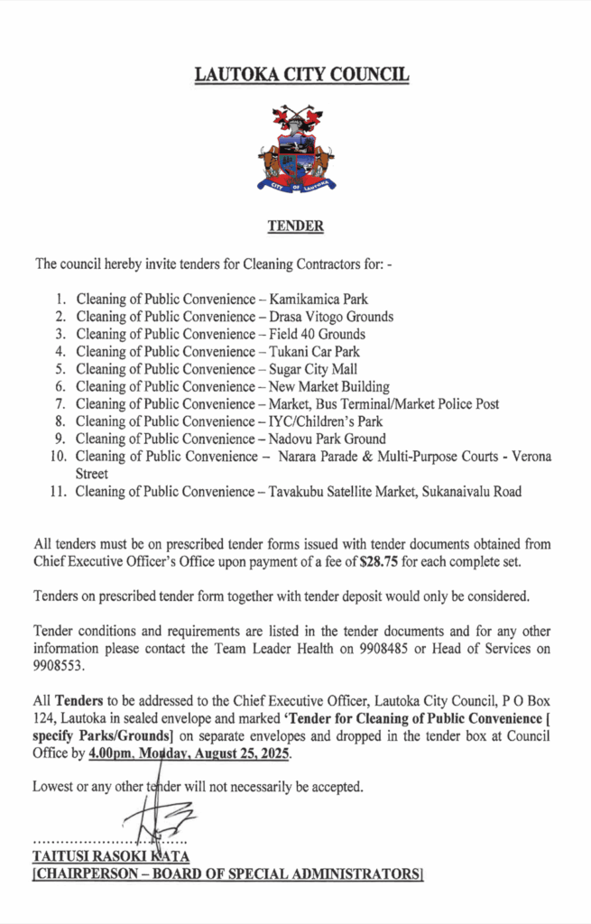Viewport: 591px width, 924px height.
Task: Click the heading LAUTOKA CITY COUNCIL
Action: (301, 74)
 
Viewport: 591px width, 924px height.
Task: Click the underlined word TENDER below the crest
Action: (295, 226)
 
